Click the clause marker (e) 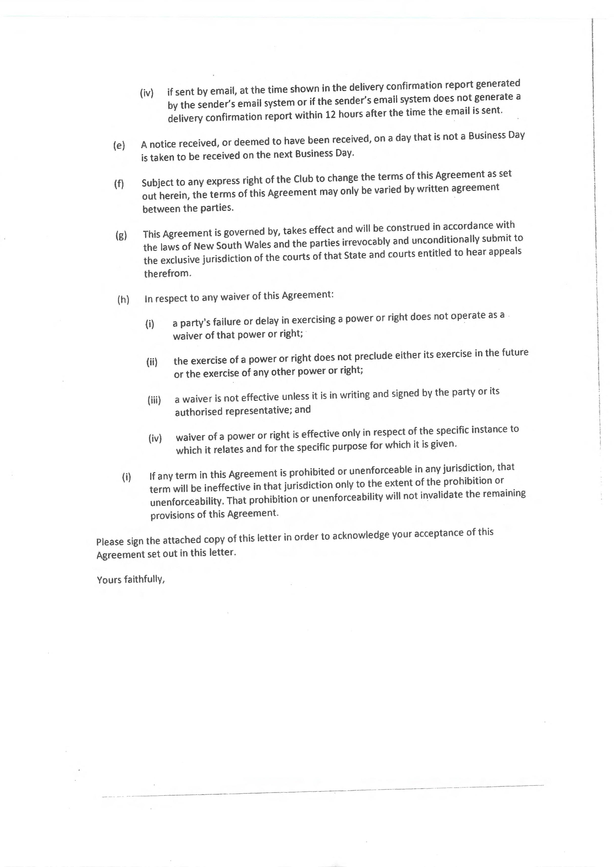(119, 145)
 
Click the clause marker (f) (119, 184)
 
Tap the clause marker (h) (123, 300)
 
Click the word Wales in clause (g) (258, 245)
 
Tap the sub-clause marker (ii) (152, 362)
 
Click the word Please (110, 541)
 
